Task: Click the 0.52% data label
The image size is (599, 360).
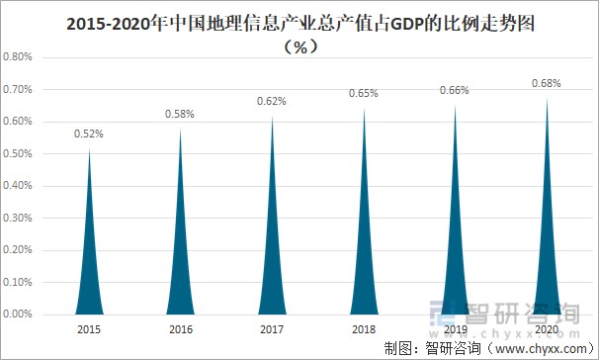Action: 89,133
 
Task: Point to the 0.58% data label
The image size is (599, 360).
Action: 180,115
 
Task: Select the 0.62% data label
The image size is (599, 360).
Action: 271,101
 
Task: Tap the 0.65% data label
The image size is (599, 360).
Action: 363,93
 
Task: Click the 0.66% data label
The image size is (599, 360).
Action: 454,90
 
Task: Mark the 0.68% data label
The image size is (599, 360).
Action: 545,84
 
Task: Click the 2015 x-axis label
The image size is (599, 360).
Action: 89,329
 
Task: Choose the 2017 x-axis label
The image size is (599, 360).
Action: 271,329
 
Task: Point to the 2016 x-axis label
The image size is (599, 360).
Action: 180,329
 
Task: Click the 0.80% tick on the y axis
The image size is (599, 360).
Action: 19,57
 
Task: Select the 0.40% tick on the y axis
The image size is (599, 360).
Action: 19,186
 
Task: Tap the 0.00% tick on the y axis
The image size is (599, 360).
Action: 19,315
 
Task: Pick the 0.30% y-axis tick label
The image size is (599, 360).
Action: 19,219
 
